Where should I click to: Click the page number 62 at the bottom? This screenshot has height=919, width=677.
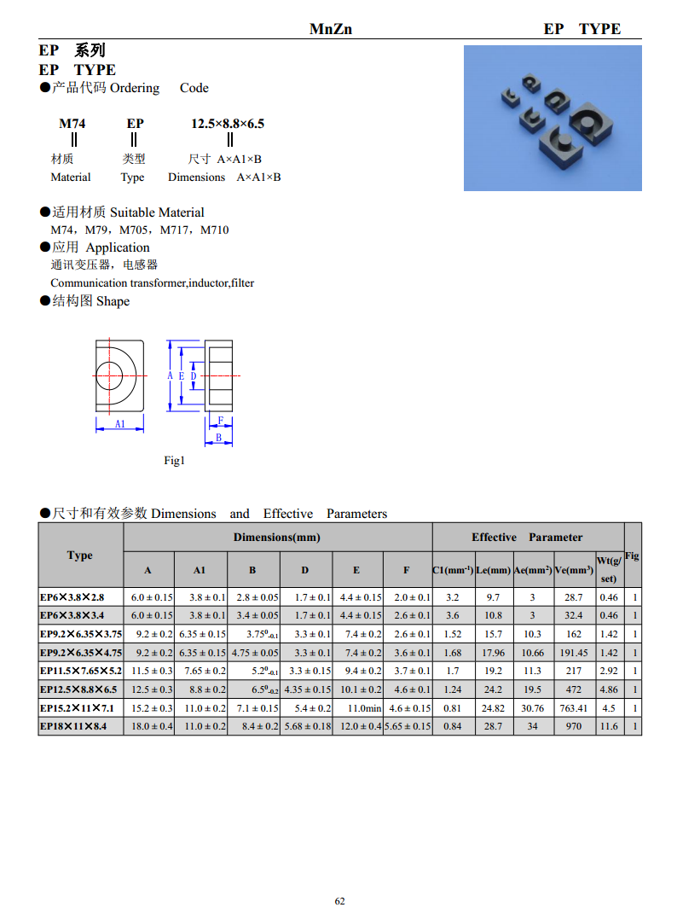[x=339, y=901]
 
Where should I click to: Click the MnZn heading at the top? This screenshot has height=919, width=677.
[x=331, y=29]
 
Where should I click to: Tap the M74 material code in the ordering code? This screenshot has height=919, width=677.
[x=72, y=124]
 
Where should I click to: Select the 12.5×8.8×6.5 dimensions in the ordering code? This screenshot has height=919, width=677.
[x=228, y=124]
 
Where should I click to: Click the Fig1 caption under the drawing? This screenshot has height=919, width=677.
[x=174, y=461]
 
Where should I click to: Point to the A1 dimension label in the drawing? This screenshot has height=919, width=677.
[x=120, y=423]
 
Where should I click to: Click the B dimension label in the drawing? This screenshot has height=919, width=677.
[x=218, y=438]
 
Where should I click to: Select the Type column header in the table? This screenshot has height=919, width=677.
[x=80, y=555]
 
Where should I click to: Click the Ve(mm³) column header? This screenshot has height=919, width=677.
[x=573, y=569]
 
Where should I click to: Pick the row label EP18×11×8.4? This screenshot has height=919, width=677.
[x=73, y=727]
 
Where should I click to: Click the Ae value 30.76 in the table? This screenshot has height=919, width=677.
[x=532, y=708]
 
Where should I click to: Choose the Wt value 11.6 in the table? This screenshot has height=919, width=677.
[x=609, y=727]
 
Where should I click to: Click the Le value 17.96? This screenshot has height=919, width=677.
[x=493, y=653]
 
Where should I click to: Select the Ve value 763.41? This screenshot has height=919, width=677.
[x=573, y=708]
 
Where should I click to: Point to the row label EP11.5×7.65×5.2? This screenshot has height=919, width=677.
[x=81, y=672]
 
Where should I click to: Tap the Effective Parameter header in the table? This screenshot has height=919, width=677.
[x=527, y=538]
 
